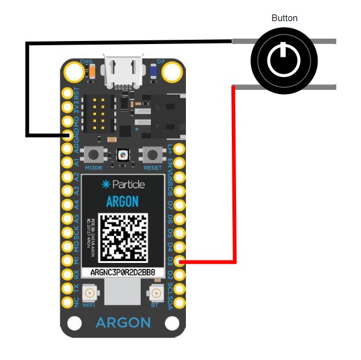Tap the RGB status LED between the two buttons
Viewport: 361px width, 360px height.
[123, 155]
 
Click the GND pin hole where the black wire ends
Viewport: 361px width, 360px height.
[67, 134]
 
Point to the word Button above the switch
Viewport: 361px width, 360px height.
[284, 18]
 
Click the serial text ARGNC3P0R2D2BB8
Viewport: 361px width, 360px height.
[123, 273]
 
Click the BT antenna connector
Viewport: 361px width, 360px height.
[155, 295]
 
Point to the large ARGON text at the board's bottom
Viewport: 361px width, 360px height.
[123, 323]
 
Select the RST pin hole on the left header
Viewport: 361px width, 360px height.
[67, 93]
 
